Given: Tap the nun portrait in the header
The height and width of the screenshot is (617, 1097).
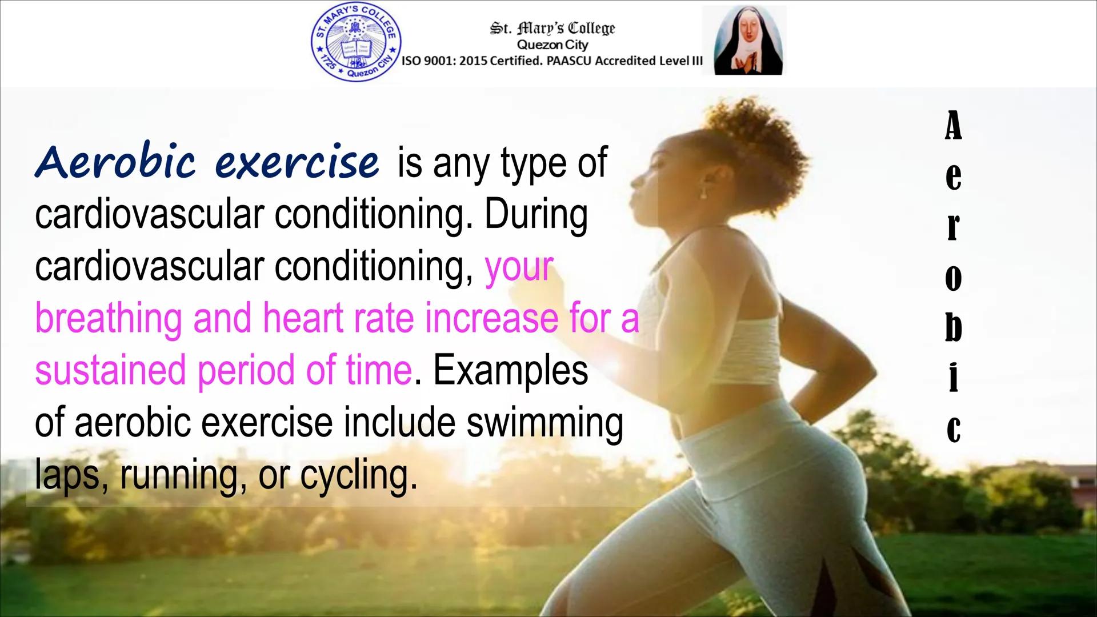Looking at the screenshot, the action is point(744,41).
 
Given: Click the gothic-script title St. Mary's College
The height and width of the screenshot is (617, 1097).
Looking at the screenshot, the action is point(552,29).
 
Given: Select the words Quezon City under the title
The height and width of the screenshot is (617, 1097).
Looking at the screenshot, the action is point(552,45).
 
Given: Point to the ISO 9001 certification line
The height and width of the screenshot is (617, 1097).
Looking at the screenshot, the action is point(552,62).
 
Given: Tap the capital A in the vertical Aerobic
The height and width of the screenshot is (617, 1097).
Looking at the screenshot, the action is point(952,125).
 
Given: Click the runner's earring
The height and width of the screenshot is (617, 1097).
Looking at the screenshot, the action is point(703,195).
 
